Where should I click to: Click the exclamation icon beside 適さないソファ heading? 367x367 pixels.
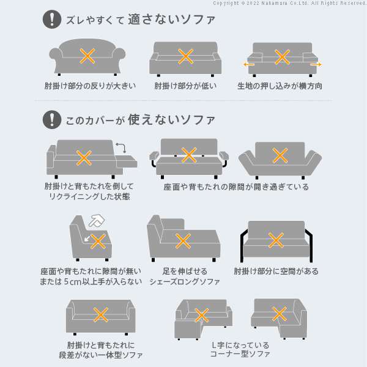pos(52,20)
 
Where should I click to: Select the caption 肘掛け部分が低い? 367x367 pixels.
pos(185,86)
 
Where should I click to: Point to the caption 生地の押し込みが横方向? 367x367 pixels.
pos(280,86)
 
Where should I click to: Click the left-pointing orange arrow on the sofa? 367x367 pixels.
pos(249,64)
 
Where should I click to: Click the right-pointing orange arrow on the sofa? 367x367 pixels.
pos(315,64)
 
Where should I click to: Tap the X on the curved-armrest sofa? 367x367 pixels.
pos(87,56)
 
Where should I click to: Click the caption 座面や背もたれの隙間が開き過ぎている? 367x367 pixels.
pos(235,187)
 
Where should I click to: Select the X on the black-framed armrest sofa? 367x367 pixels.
pos(276,240)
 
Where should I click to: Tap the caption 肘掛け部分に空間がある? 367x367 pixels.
pos(276,271)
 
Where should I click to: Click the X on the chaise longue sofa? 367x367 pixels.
pos(182,241)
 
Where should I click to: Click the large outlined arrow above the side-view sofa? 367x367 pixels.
pos(97,219)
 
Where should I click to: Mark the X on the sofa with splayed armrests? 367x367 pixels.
pos(280,155)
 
